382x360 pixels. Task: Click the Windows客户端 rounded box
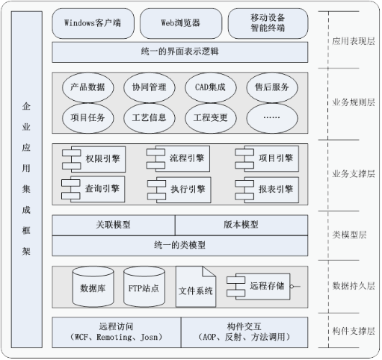pos(93,23)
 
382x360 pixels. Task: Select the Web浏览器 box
pos(181,23)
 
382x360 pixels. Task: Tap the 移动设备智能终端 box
pos(268,23)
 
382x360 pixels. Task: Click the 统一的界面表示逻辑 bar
pos(180,52)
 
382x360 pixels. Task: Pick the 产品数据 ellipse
pos(87,87)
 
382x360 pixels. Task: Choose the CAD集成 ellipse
pos(210,87)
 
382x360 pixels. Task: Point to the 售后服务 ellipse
pos(272,87)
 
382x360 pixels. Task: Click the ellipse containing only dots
pos(272,118)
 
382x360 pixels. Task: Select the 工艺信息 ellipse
pos(149,118)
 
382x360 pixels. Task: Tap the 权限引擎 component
pos(94,159)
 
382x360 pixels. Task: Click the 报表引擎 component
pos(267,190)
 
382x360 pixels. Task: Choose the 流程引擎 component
pos(179,158)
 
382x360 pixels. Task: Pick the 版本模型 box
pos(241,225)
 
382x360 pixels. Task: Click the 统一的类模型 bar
pos(180,246)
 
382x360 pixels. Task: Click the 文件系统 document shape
pos(196,287)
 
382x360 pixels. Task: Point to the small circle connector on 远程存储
pos(292,286)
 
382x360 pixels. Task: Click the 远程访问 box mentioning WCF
pos(117,332)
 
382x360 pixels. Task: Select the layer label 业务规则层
pos(354,102)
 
